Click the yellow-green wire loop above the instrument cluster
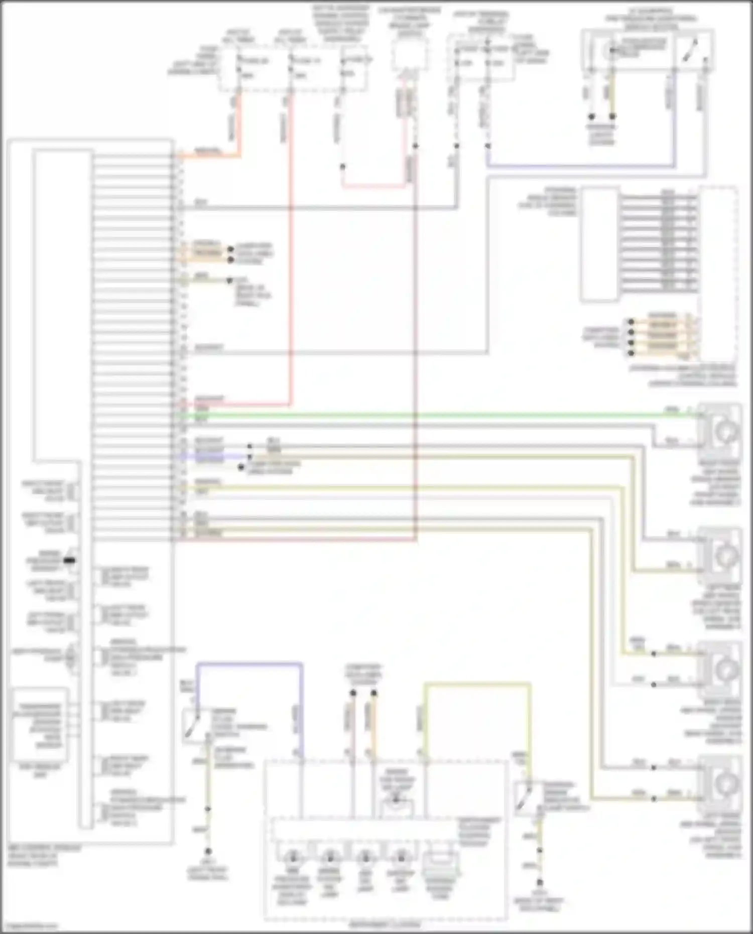point(477,684)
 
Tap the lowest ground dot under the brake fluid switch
point(208,852)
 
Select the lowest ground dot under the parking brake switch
point(540,882)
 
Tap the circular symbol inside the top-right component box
point(611,50)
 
